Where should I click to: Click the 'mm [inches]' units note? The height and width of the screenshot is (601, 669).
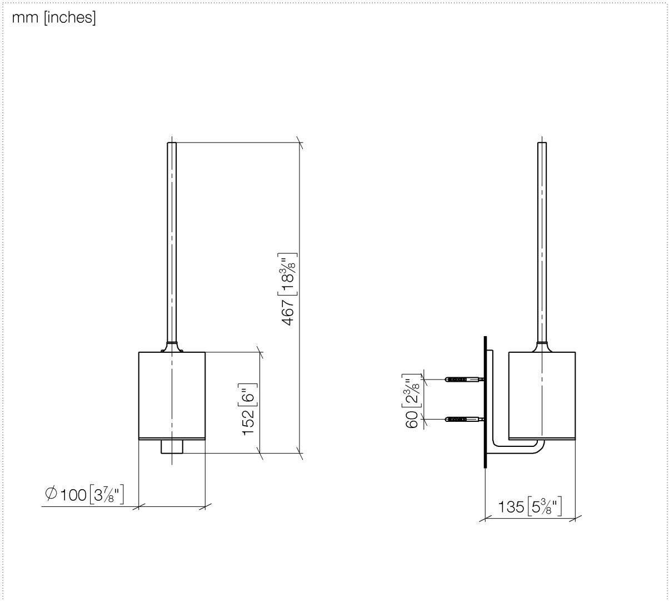pos(54,18)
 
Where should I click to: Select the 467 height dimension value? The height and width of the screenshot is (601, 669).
pos(288,313)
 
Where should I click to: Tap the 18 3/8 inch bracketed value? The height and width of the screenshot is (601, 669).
pos(287,274)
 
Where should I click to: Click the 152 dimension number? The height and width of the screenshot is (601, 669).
pos(248,422)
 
